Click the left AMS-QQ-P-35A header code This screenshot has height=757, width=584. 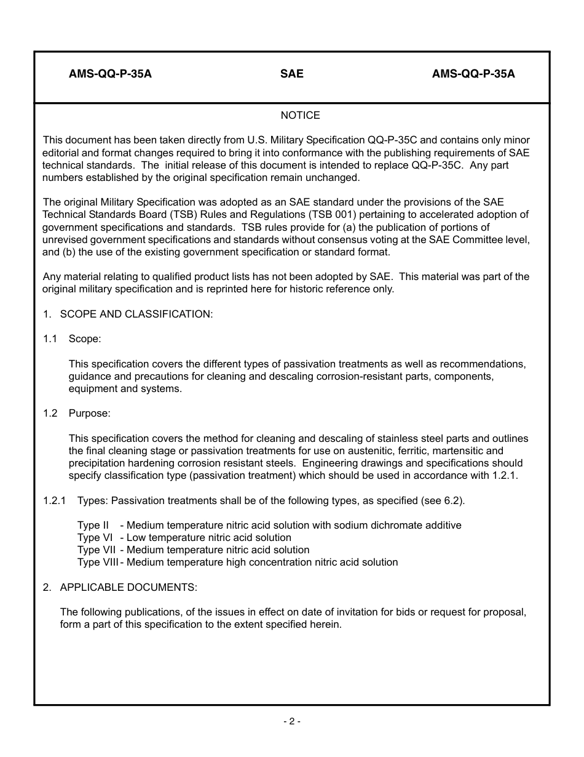(x=110, y=74)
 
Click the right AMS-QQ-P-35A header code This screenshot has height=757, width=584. (x=473, y=74)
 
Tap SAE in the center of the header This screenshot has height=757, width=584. (x=292, y=74)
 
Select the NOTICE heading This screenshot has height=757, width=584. (x=300, y=115)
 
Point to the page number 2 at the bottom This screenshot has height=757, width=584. (x=292, y=721)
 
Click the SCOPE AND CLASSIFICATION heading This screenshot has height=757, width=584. (x=136, y=314)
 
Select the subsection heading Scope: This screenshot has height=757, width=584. (x=85, y=338)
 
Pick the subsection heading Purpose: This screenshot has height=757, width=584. (x=89, y=413)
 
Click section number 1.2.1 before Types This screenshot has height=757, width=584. (x=55, y=500)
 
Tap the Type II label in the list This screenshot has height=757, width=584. (x=93, y=525)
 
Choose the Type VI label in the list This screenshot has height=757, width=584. (x=94, y=537)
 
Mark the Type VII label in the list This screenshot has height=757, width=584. (x=96, y=550)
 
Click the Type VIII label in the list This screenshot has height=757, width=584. (x=98, y=562)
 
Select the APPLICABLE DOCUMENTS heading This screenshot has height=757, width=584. (x=128, y=587)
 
